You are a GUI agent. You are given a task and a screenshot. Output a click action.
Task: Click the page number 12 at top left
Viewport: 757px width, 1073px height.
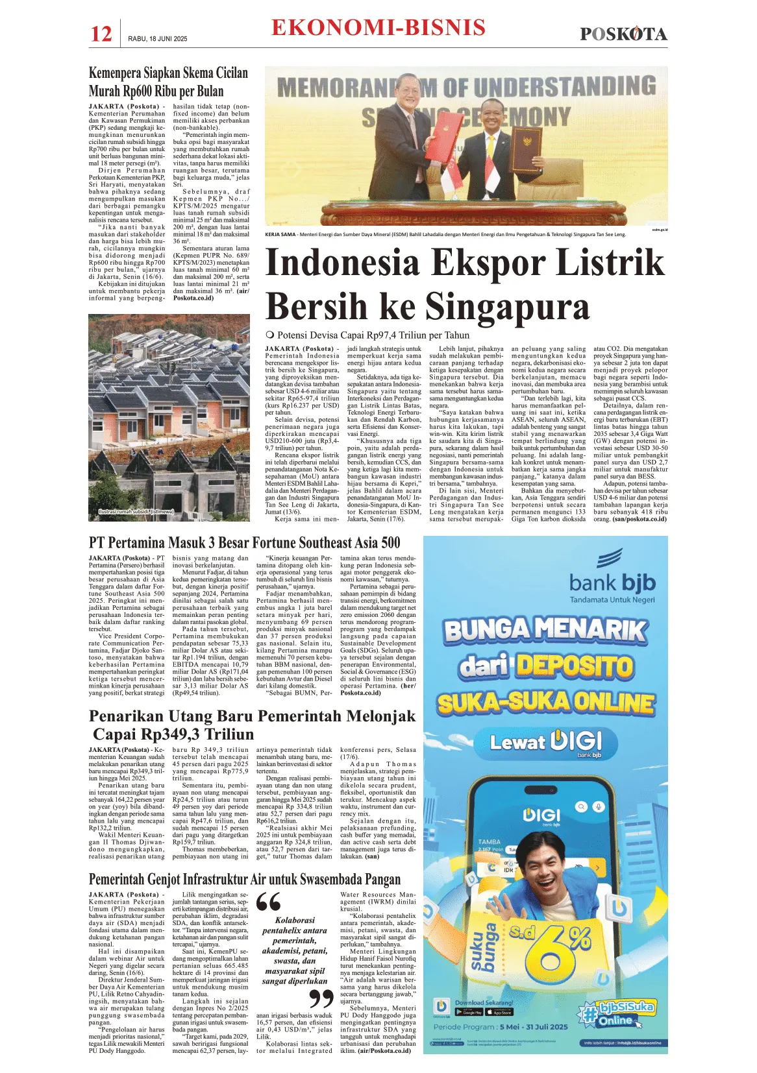pyautogui.click(x=101, y=34)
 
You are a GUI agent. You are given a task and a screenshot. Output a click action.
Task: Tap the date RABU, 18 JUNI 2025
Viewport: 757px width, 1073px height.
pyautogui.click(x=158, y=39)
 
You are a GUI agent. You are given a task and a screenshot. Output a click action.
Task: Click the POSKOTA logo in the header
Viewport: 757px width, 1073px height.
pyautogui.click(x=623, y=34)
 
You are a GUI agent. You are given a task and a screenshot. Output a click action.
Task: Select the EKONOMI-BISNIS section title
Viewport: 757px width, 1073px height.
pyautogui.click(x=378, y=28)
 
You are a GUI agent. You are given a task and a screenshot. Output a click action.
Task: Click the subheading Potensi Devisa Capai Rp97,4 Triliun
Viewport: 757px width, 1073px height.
pyautogui.click(x=373, y=335)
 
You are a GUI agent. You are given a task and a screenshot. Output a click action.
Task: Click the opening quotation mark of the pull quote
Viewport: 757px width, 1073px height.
pyautogui.click(x=268, y=902)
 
